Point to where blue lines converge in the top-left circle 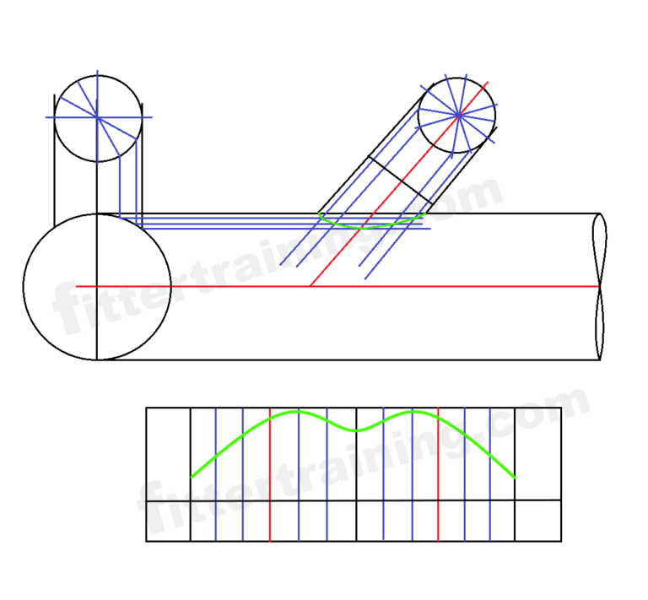point(97,116)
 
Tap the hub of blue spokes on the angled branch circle point(458,114)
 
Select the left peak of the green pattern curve point(297,411)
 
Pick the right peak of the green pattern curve point(413,411)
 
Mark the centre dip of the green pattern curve point(357,430)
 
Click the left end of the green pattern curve point(192,478)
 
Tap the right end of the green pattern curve point(515,478)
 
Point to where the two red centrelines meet point(310,287)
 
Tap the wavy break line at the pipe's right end point(600,287)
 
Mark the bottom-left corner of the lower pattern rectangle point(147,541)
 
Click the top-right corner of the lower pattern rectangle point(561,408)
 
